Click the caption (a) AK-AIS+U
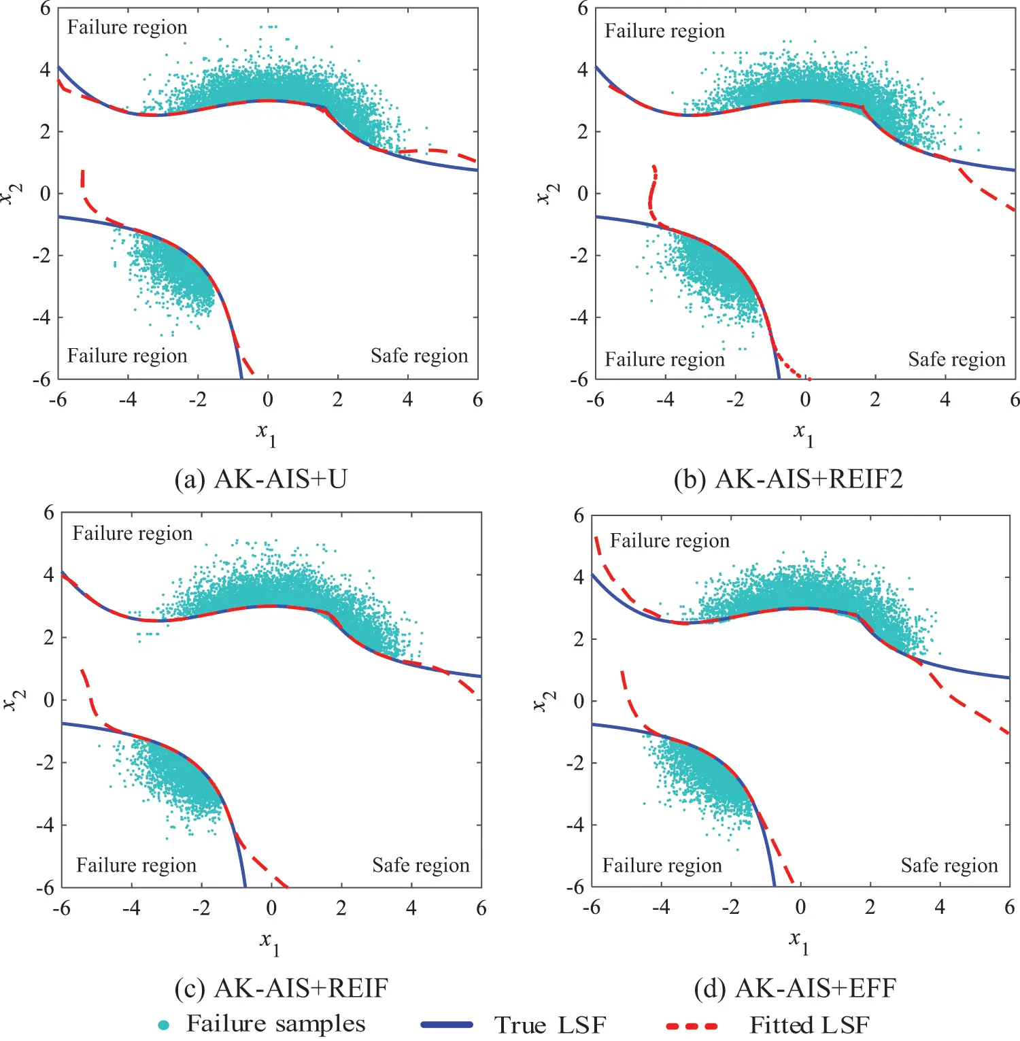[x=261, y=479]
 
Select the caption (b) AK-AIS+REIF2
[x=788, y=479]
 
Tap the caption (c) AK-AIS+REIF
[x=281, y=988]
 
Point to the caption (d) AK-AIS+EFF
[x=795, y=988]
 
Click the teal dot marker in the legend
[x=163, y=1025]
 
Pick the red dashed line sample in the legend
[x=692, y=1025]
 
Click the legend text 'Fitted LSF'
[x=809, y=1025]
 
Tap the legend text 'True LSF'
[x=549, y=1025]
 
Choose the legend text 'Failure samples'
[x=275, y=1024]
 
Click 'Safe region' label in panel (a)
[x=419, y=356]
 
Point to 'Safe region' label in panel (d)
[x=949, y=865]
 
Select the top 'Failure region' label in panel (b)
[x=664, y=31]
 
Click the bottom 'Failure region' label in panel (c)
[x=136, y=865]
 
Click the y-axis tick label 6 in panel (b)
[x=582, y=9]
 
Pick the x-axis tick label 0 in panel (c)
[x=271, y=908]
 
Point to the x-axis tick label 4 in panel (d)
[x=940, y=907]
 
